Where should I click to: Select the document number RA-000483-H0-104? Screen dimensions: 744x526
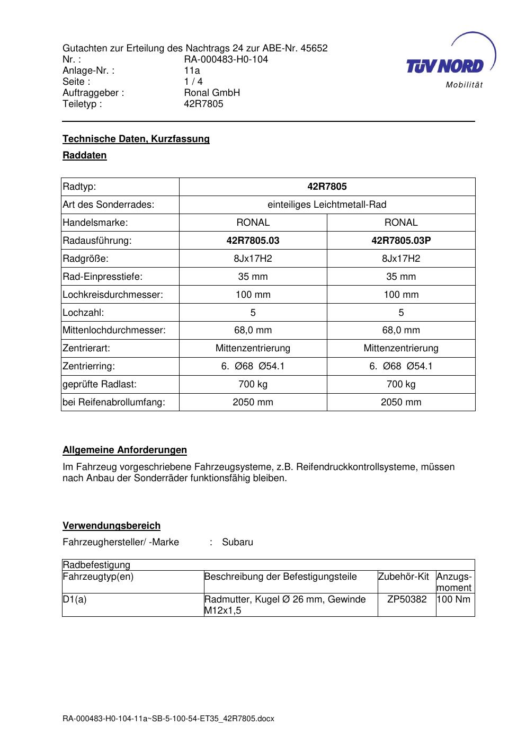coord(226,59)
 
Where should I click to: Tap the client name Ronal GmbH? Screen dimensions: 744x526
coord(212,93)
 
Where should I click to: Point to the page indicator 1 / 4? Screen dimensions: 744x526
coord(193,82)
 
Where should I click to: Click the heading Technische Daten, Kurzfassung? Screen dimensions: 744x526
coord(136,139)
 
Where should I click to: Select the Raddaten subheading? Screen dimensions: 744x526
coord(85,155)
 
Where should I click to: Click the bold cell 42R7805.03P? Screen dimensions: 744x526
coord(401,241)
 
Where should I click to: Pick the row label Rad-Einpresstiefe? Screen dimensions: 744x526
coord(103,277)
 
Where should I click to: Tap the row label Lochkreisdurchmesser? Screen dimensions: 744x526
coord(113,295)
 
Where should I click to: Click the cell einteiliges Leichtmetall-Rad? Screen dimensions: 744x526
coord(327,205)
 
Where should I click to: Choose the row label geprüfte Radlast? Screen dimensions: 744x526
coord(100,384)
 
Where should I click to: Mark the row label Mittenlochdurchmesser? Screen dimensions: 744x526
coord(114,330)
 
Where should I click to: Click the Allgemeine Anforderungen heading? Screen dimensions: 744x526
coord(125,450)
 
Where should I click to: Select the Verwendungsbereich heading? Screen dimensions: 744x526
coord(112,526)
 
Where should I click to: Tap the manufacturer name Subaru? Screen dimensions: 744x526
coord(237,542)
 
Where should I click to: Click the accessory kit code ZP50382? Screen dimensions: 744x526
coord(407,599)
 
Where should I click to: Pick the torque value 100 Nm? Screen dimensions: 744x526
coord(454,599)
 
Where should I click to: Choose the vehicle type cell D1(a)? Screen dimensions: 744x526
coord(75,599)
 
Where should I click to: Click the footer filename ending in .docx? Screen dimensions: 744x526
coord(168,719)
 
